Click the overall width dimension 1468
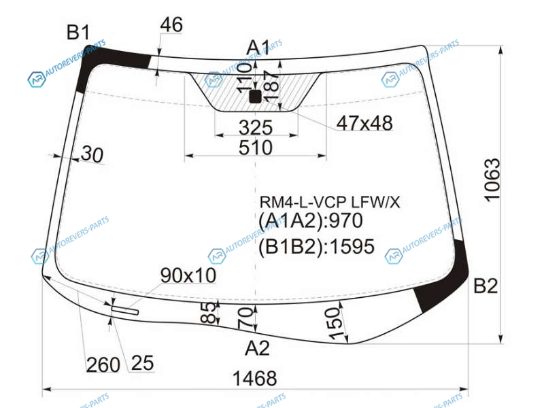(x=254, y=378)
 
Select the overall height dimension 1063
(x=492, y=180)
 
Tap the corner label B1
(x=78, y=32)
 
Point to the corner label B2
(x=486, y=286)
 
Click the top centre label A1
(x=258, y=48)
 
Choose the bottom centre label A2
(x=257, y=347)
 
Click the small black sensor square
(x=256, y=97)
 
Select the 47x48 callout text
(x=364, y=123)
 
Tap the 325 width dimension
(x=256, y=128)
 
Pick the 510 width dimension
(x=256, y=148)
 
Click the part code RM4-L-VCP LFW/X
(x=330, y=202)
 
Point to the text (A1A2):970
(x=311, y=220)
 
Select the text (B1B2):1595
(x=316, y=247)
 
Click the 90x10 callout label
(x=188, y=275)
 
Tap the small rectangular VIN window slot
(x=125, y=311)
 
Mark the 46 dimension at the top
(x=171, y=24)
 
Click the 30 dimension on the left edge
(x=92, y=154)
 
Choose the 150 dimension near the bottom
(x=335, y=324)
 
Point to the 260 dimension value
(x=103, y=364)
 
